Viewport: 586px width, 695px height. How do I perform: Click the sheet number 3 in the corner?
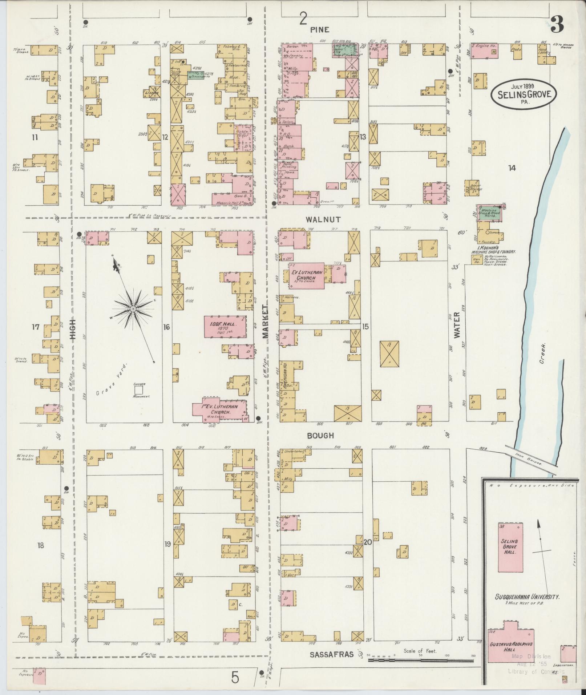pos(556,25)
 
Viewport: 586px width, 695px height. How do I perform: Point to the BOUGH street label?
pos(320,435)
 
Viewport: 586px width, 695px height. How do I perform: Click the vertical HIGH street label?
pos(73,328)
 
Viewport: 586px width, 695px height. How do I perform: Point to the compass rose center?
pos(133,308)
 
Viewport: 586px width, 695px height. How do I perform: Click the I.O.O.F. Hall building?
pos(225,326)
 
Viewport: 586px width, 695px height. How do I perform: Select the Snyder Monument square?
pos(138,390)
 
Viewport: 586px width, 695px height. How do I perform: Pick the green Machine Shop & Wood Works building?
pos(490,213)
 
